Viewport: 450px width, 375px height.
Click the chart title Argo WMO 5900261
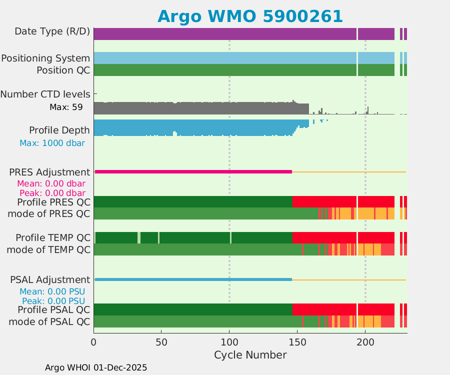250,16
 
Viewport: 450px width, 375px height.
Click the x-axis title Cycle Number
250,355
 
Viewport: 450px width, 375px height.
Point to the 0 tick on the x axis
93,342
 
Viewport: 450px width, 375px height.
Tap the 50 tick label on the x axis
161,342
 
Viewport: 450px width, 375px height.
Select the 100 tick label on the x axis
229,342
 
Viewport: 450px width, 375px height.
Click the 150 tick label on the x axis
297,342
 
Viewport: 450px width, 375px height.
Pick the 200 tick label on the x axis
365,342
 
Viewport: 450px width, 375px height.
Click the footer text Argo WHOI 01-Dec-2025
96,367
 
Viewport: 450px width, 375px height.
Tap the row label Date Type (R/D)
52,31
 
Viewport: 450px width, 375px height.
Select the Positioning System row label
45,58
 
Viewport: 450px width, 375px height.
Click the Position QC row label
63,70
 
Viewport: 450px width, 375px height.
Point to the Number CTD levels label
45,94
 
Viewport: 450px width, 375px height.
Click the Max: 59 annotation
65,107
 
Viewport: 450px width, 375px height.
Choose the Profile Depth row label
59,130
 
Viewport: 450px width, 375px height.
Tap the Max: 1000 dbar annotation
52,143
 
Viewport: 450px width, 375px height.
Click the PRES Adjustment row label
49,172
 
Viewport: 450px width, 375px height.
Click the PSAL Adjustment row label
50,279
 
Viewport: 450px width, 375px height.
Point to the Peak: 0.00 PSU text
53,301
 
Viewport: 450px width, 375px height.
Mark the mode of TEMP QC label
48,249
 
